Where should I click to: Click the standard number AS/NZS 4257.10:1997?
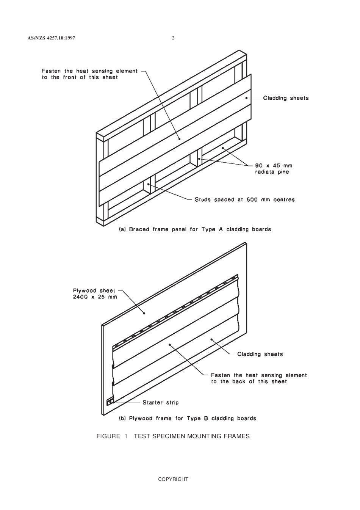pyautogui.click(x=51, y=38)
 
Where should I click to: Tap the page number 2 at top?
pyautogui.click(x=173, y=38)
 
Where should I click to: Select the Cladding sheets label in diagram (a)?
pyautogui.click(x=286, y=98)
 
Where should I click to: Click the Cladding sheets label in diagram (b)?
pyautogui.click(x=260, y=354)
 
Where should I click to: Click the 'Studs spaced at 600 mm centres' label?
pyautogui.click(x=244, y=199)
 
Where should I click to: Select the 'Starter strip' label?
pyautogui.click(x=160, y=402)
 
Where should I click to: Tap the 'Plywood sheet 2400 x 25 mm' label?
pyautogui.click(x=94, y=293)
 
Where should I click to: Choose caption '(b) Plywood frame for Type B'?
pyautogui.click(x=188, y=419)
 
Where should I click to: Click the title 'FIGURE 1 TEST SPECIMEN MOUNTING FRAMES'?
pyautogui.click(x=173, y=436)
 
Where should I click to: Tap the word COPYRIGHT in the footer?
pyautogui.click(x=173, y=479)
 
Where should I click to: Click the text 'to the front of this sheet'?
pyautogui.click(x=80, y=77)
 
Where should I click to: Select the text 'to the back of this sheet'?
pyautogui.click(x=249, y=381)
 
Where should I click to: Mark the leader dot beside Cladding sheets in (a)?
pyautogui.click(x=247, y=98)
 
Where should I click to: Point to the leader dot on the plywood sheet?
pyautogui.click(x=144, y=313)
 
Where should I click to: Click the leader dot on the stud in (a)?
pyautogui.click(x=149, y=184)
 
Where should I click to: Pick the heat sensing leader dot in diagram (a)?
pyautogui.click(x=179, y=139)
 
